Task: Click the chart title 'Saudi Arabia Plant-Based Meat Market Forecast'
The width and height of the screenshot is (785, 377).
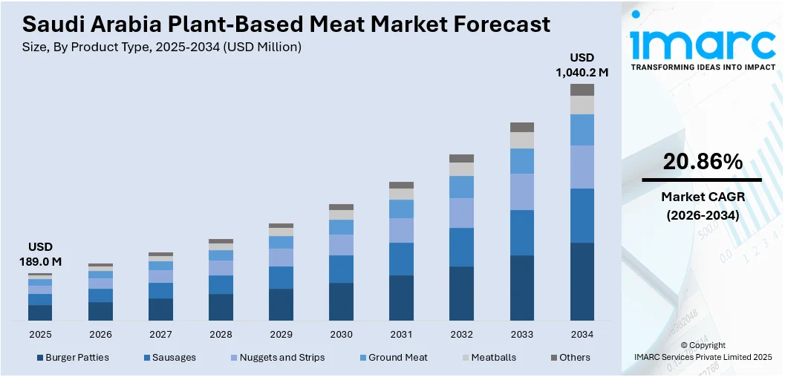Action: coord(286,24)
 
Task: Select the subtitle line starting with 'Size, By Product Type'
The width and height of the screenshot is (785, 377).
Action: coord(162,47)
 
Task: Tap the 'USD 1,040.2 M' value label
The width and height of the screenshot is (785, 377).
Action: coord(582,65)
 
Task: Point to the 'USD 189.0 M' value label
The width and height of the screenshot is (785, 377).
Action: coord(40,254)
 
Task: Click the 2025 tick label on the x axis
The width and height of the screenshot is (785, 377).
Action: coord(40,334)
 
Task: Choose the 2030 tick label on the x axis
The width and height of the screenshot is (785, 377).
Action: coord(341,334)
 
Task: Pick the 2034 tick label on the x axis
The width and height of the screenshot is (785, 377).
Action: coord(582,334)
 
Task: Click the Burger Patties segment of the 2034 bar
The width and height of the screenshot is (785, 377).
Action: coord(582,281)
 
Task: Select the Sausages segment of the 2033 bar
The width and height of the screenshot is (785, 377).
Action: coord(521,232)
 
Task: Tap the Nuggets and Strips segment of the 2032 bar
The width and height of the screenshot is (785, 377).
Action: coord(461,212)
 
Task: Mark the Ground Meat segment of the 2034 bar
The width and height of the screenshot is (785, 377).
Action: coord(582,130)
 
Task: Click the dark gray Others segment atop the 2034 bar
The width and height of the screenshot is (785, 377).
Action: coord(582,90)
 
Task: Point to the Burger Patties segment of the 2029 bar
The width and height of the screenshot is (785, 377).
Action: coord(281,304)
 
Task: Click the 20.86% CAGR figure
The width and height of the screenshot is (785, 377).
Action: coord(702,161)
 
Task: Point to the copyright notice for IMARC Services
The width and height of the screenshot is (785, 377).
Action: coord(703,351)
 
